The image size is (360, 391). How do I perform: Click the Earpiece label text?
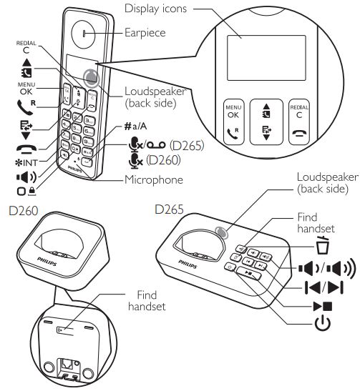[145, 32]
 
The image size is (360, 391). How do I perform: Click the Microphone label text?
[155, 179]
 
